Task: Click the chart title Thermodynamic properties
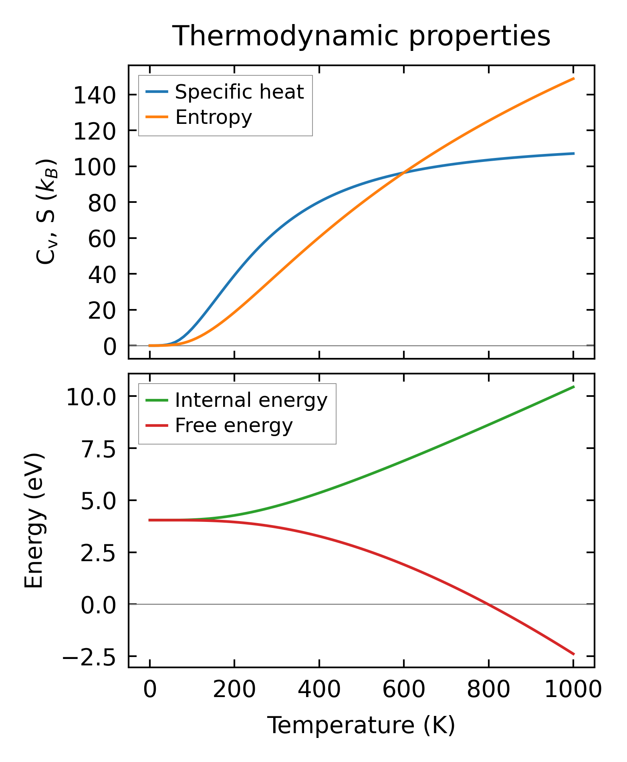[x=361, y=36]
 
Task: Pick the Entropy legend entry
[x=214, y=117]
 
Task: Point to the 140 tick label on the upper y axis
[x=95, y=96]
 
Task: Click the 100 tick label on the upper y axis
[x=95, y=168]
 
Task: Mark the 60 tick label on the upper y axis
[x=102, y=239]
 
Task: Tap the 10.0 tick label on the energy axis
[x=91, y=398]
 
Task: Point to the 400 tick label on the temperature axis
[x=319, y=690]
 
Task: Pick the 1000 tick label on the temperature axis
[x=573, y=690]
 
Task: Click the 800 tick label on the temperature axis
[x=488, y=690]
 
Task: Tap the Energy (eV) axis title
[x=34, y=521]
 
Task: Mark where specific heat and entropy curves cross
[x=403, y=172]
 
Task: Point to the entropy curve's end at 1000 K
[x=573, y=79]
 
